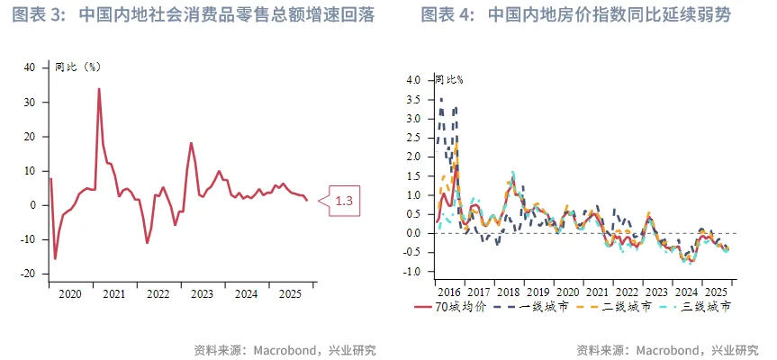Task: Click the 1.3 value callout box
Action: pyautogui.click(x=343, y=201)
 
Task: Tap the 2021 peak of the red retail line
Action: pyautogui.click(x=99, y=88)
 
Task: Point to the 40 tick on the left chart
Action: pyautogui.click(x=30, y=67)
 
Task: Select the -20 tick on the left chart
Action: pyautogui.click(x=28, y=274)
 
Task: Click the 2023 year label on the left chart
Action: pyautogui.click(x=203, y=293)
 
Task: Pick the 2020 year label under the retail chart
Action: pyautogui.click(x=70, y=293)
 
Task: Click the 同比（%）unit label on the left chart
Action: pyautogui.click(x=77, y=67)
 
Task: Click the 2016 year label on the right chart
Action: pyautogui.click(x=447, y=292)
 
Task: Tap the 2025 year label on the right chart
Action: pyautogui.click(x=716, y=292)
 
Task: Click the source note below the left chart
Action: pyautogui.click(x=285, y=350)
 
